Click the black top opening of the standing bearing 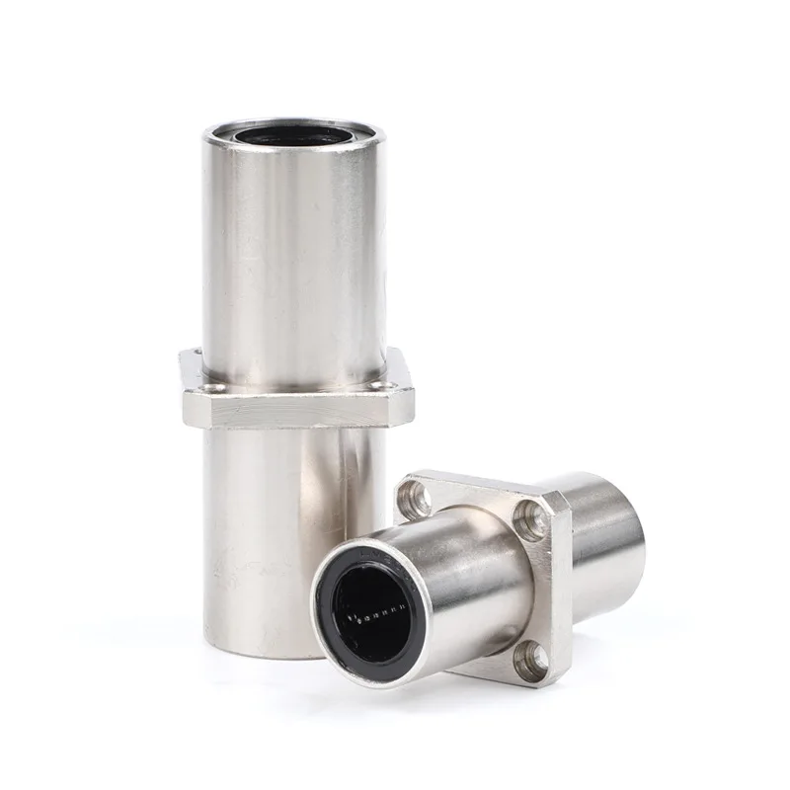(x=293, y=134)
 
